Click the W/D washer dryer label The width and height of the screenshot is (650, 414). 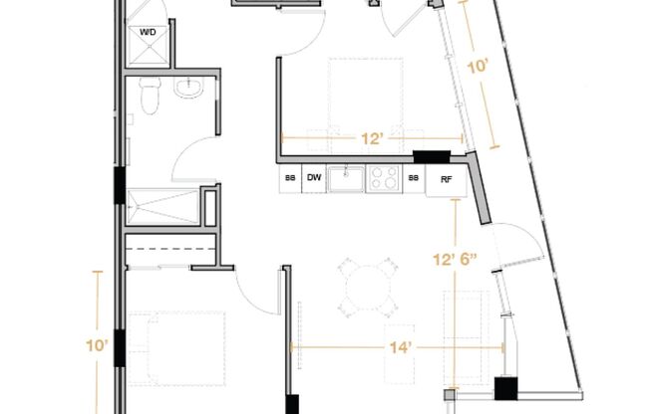[148, 32]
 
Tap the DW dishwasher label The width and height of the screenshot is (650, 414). [314, 177]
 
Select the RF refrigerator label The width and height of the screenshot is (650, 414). [446, 180]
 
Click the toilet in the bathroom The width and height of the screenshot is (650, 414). [151, 96]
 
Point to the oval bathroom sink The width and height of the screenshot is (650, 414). [189, 88]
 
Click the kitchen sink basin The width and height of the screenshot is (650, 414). [346, 178]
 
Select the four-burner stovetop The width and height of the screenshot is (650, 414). [384, 178]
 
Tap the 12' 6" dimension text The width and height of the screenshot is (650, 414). [456, 260]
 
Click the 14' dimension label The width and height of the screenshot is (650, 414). [400, 347]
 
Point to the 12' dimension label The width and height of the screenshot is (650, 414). [372, 138]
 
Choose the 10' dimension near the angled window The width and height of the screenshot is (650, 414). [478, 67]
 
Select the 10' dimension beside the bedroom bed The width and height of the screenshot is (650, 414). [97, 345]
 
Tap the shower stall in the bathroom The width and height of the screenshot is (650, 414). [163, 207]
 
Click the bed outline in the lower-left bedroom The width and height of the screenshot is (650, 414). [177, 349]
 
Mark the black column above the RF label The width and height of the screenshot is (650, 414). [432, 157]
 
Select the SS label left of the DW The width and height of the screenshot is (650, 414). [290, 178]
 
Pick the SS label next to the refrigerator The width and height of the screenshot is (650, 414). [414, 178]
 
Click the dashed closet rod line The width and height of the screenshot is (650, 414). [170, 249]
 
